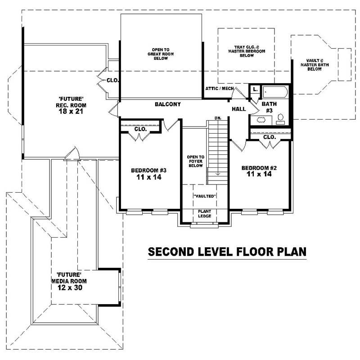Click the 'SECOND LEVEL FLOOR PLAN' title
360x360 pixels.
pos(227,252)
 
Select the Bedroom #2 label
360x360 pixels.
pos(259,171)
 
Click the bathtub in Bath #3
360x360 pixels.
pos(275,93)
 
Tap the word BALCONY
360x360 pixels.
pos(168,104)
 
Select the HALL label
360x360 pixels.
pos(238,109)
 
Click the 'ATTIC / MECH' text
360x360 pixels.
pos(219,89)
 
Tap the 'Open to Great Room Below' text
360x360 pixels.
pos(161,54)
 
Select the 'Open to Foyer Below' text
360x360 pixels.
pos(195,161)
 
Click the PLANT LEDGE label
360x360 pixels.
pos(205,214)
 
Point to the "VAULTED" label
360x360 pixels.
pos(205,196)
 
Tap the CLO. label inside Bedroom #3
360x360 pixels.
pos(140,129)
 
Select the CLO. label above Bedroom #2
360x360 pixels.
pos(269,137)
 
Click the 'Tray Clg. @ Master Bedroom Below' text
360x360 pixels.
pos(246,51)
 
